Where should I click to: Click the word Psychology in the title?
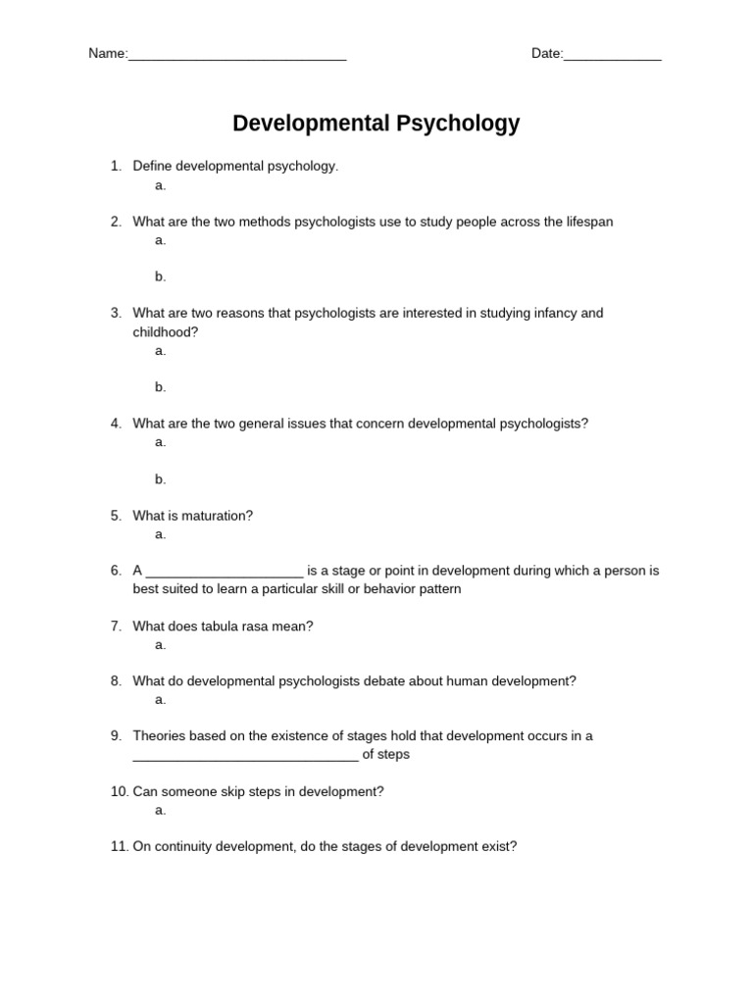pos(457,124)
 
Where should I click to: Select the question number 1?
pos(115,167)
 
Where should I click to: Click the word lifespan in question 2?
pos(588,222)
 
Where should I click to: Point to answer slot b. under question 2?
pos(161,277)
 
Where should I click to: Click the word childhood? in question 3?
pos(166,332)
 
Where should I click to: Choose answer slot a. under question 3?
pos(161,351)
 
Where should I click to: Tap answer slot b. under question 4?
pos(161,479)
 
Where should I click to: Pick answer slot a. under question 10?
pos(161,811)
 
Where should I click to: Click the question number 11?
pos(119,847)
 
